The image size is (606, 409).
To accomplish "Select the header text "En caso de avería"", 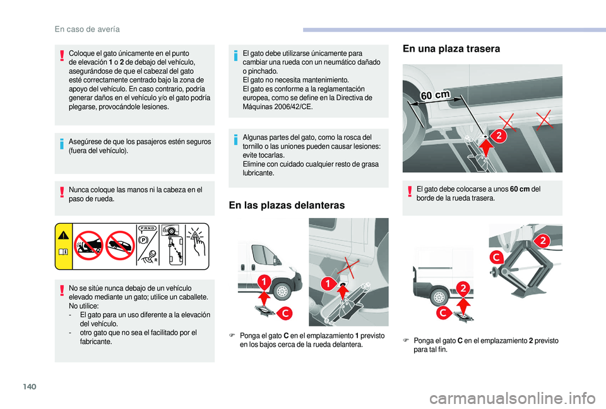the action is (88, 28).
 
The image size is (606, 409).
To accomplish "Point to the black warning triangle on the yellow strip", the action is (64, 237).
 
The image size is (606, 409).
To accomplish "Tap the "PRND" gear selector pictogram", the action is (149, 230).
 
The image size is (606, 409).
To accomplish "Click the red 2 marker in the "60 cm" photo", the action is (499, 135).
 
